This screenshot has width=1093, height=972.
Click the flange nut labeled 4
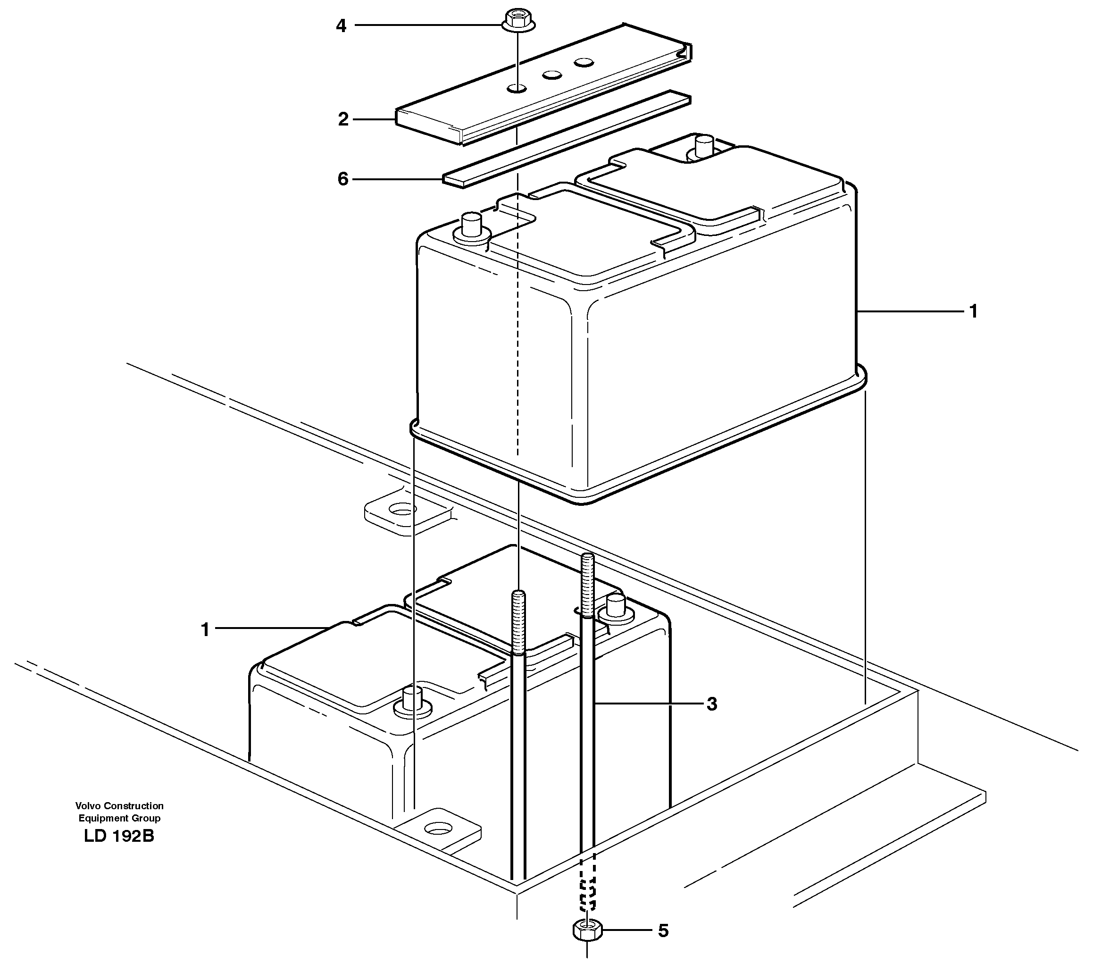pos(518,21)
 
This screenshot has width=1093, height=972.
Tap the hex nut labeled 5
pos(587,944)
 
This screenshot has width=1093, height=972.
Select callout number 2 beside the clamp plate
pos(343,119)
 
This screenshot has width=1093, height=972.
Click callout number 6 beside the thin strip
pos(343,179)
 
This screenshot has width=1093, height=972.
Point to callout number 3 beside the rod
pos(711,704)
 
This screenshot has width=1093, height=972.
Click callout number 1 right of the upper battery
pos(973,311)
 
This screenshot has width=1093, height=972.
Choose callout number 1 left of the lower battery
pos(205,629)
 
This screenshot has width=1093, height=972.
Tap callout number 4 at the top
pos(341,25)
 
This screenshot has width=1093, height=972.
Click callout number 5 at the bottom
pos(663,946)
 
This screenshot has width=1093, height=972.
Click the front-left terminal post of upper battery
pos(471,225)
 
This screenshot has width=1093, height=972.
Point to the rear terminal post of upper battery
pos(704,147)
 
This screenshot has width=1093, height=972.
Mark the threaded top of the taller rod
pos(587,584)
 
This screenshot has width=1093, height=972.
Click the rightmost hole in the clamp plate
pos(584,63)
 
